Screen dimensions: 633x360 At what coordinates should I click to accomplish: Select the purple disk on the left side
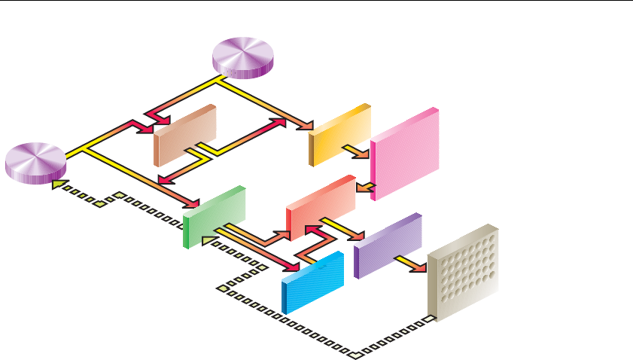36,161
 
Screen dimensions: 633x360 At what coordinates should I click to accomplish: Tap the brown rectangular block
184,135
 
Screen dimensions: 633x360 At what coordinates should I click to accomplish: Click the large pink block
404,154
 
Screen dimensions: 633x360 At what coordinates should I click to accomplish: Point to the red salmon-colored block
321,206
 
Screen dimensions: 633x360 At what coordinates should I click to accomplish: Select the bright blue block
312,281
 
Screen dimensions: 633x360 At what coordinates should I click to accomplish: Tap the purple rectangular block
387,245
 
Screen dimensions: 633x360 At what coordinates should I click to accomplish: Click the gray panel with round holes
462,273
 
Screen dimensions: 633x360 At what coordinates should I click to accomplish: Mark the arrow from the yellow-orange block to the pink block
358,151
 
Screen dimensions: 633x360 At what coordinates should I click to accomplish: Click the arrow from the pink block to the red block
364,186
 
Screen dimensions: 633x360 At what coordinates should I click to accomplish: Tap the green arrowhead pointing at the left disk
57,183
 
